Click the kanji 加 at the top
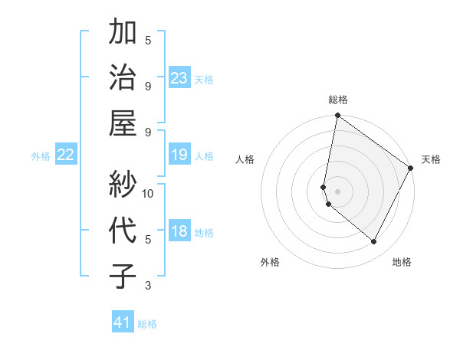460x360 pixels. click(124, 33)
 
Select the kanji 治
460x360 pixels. click(124, 78)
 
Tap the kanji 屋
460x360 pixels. click(124, 123)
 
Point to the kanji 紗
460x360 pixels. click(124, 185)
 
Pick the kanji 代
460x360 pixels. click(124, 230)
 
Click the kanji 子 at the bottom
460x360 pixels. click(124, 275)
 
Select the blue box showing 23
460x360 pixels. click(179, 78)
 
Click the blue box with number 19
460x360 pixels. click(179, 155)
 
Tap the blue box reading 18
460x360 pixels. click(179, 232)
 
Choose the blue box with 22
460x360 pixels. click(66, 155)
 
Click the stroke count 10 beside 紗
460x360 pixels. click(149, 193)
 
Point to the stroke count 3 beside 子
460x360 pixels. click(148, 286)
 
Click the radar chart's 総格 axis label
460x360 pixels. click(338, 100)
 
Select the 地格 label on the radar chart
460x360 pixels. click(402, 262)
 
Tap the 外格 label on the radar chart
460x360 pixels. click(270, 262)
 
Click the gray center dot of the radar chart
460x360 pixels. click(338, 191)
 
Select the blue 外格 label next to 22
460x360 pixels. click(41, 156)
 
